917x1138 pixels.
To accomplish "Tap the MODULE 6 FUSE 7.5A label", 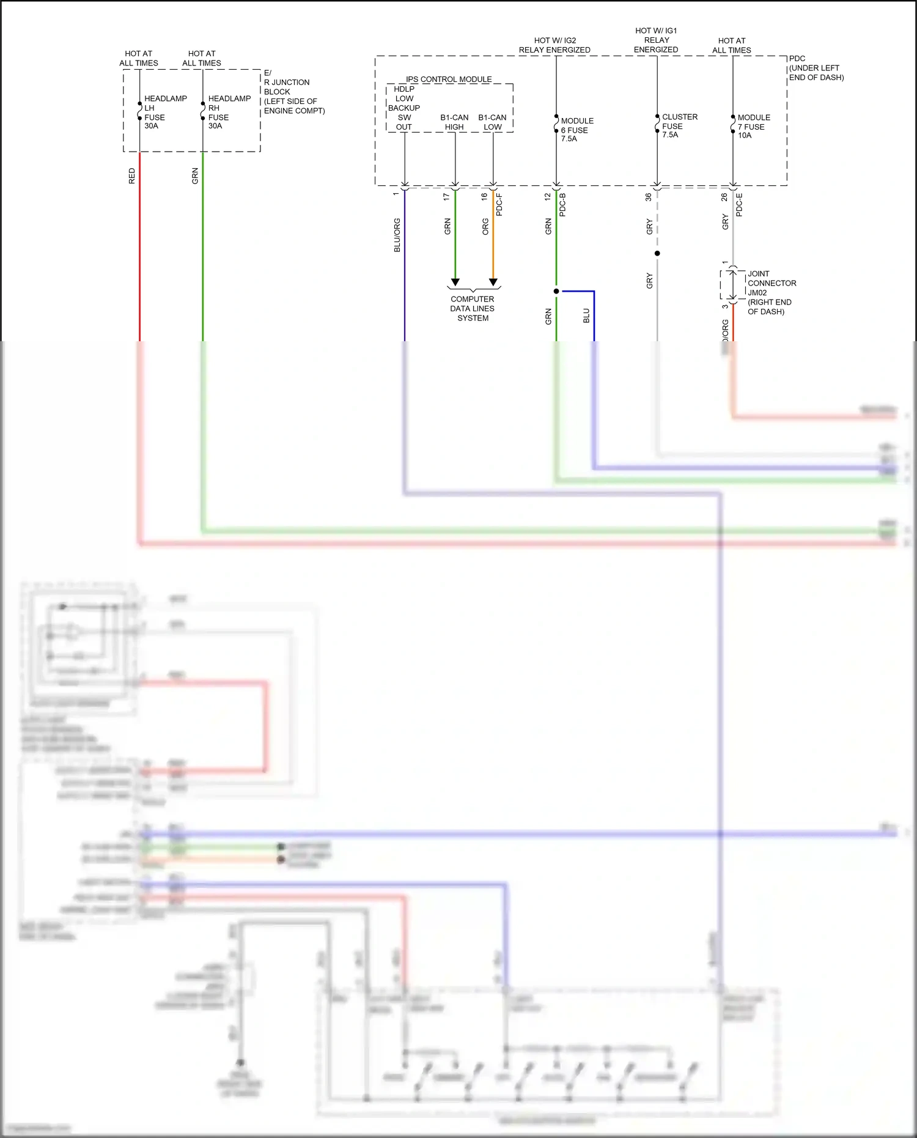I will pyautogui.click(x=576, y=130).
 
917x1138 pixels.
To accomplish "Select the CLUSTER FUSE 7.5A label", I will pyautogui.click(x=679, y=125).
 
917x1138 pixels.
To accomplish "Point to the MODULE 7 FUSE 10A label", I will pyautogui.click(x=753, y=126).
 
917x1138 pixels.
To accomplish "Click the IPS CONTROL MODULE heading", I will pyautogui.click(x=449, y=79).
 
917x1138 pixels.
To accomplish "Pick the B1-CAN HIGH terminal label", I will pyautogui.click(x=454, y=122).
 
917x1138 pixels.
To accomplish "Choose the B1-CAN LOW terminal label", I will pyautogui.click(x=492, y=122).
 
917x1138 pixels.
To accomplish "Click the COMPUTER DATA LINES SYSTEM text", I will pyautogui.click(x=473, y=308).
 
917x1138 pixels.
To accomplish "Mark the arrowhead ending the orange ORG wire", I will pyautogui.click(x=493, y=283).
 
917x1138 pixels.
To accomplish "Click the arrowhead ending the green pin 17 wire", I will pyautogui.click(x=455, y=283).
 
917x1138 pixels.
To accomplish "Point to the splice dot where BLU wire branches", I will pyautogui.click(x=556, y=291).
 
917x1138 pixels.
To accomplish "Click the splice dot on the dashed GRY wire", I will pyautogui.click(x=657, y=253).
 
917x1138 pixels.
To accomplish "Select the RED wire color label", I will pyautogui.click(x=131, y=176).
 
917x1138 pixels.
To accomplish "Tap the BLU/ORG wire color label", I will pyautogui.click(x=397, y=235).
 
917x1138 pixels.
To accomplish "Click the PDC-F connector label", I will pyautogui.click(x=499, y=205).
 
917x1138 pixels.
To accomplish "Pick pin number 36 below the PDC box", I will pyautogui.click(x=649, y=197).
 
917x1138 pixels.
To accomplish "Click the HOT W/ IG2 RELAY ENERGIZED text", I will pyautogui.click(x=554, y=45).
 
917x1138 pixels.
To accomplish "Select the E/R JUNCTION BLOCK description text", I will pyautogui.click(x=293, y=92).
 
